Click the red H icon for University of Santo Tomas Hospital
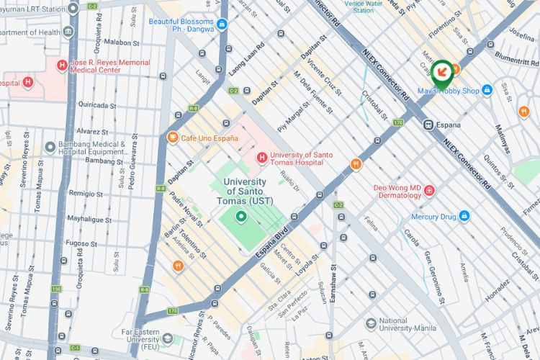coord(262,158)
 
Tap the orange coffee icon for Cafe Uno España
coord(172,138)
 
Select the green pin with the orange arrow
coord(441,71)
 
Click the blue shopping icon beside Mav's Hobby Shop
coord(487,91)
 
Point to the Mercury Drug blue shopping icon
coord(464,216)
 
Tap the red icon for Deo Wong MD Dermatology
coord(430,191)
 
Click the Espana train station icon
coord(428,124)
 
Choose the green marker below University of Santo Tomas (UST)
coord(241,216)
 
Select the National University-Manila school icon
coord(371,324)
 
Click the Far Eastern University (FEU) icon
coord(168,338)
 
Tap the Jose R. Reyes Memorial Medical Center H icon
coord(62,66)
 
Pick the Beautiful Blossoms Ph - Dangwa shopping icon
coord(222,25)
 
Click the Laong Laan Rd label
coord(246,58)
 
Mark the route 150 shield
coord(56,289)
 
